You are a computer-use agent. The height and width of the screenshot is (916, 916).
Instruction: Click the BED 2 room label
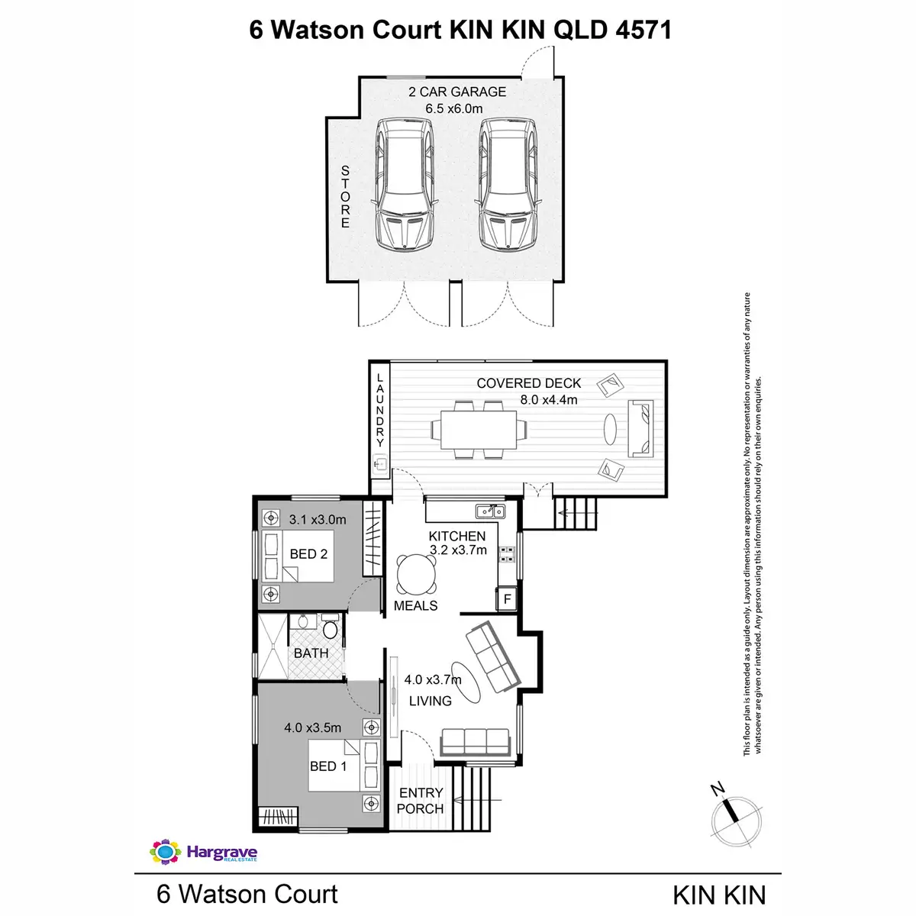click(x=308, y=554)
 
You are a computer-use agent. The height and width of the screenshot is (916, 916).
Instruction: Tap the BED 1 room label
click(x=328, y=766)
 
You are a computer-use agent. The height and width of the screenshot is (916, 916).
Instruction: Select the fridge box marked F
click(x=507, y=599)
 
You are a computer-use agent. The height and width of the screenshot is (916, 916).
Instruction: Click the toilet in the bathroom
click(x=330, y=630)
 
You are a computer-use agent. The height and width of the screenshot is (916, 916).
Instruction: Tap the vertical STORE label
click(x=345, y=197)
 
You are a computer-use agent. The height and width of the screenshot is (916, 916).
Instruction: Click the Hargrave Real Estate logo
click(x=204, y=852)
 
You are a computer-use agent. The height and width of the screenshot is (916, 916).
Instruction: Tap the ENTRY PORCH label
click(x=421, y=801)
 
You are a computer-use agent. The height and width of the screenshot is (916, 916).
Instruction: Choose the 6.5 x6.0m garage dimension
click(x=454, y=108)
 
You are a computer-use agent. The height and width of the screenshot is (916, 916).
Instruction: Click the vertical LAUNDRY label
click(x=379, y=411)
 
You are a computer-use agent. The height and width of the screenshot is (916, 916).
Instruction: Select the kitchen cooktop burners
click(x=507, y=554)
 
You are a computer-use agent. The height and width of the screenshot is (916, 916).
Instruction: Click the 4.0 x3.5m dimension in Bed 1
click(x=312, y=727)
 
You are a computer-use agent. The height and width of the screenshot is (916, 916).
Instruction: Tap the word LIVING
click(x=430, y=701)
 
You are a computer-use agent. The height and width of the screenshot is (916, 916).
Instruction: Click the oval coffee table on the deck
click(x=610, y=429)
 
